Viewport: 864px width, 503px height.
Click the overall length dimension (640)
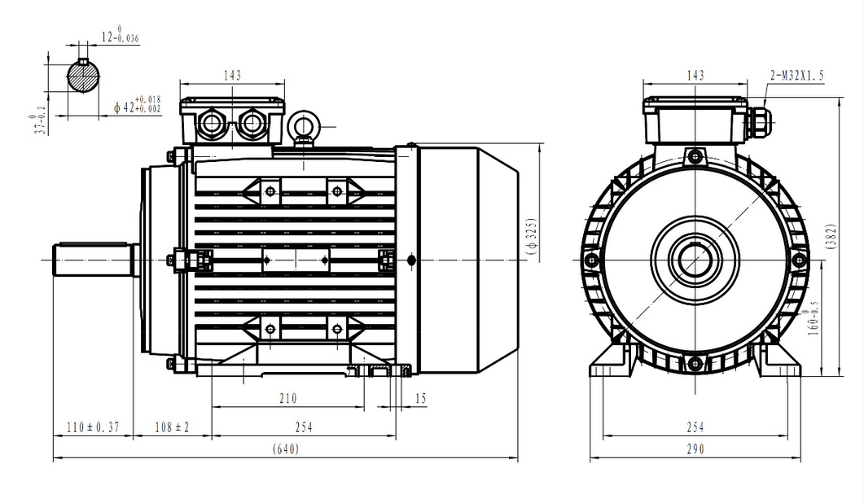coord(286,449)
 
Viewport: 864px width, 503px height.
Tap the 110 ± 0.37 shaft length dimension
coord(93,427)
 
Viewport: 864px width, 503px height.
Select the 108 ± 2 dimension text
coord(172,427)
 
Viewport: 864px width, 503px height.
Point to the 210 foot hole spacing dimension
coord(287,398)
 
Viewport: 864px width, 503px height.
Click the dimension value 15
coord(421,398)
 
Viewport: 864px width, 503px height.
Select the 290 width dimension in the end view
coord(695,449)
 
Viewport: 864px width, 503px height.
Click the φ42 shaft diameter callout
coord(137,105)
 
